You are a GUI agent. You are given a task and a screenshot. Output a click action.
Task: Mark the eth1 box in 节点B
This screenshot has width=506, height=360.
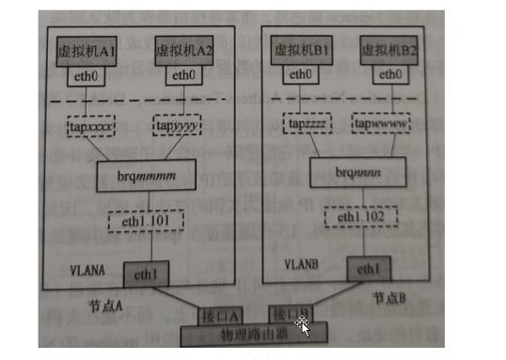tap(370, 267)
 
